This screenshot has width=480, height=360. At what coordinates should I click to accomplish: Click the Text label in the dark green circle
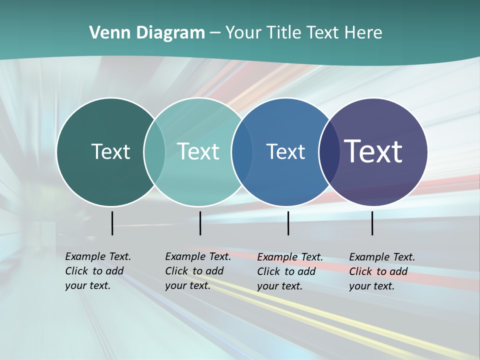pos(110,151)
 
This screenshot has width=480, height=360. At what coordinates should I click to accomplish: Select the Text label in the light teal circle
pos(198,151)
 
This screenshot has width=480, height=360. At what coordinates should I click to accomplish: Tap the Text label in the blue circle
pos(285,151)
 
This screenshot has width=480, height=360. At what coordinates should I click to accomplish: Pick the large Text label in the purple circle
pos(373,151)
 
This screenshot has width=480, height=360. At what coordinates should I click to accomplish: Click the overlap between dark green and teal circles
pos(154,151)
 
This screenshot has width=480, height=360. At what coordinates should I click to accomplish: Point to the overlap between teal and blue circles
pos(241,151)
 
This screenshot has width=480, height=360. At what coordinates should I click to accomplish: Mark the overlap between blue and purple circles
pos(328,151)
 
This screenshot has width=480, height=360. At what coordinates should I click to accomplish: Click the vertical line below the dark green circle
pos(112,223)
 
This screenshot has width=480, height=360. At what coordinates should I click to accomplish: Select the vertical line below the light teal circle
pos(200,223)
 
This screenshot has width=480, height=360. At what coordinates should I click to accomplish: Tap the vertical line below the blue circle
pos(288,223)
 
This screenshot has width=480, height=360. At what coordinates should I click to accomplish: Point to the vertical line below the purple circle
pos(372,223)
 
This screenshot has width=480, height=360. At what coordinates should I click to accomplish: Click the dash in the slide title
pos(215,33)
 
